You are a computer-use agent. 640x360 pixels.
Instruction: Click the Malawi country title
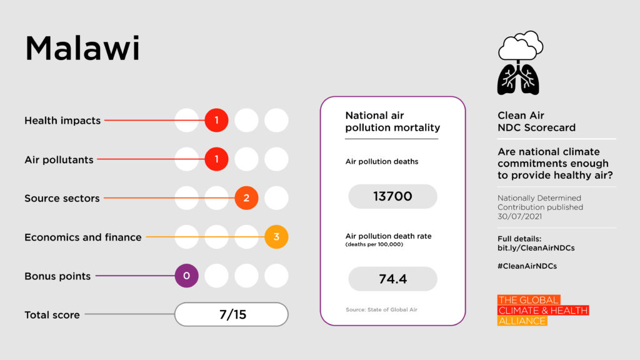tap(82, 49)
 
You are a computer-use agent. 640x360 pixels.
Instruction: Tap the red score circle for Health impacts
tap(216, 120)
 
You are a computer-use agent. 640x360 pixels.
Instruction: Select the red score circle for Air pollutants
tap(216, 159)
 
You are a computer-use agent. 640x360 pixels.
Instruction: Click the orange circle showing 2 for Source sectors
tap(246, 198)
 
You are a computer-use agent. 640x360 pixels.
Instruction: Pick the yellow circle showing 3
tap(276, 237)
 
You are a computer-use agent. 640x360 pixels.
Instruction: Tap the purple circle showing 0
tap(186, 276)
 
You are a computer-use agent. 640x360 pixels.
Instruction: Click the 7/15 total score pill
tap(231, 314)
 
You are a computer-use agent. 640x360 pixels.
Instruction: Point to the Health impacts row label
tap(62, 121)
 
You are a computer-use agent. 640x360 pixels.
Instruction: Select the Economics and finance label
tap(83, 237)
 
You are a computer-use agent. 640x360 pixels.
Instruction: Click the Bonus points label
tap(57, 276)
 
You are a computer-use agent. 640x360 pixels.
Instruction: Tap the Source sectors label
tap(62, 199)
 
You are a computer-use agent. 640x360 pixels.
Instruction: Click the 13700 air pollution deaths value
tap(392, 196)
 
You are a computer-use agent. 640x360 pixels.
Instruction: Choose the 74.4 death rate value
tap(392, 279)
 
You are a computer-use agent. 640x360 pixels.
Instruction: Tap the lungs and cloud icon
tap(519, 62)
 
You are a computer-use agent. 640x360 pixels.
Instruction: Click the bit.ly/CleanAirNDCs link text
tap(536, 248)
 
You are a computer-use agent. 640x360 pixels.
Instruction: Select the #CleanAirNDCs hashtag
tap(527, 266)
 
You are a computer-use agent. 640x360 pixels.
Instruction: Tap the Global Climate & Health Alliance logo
tap(543, 311)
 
